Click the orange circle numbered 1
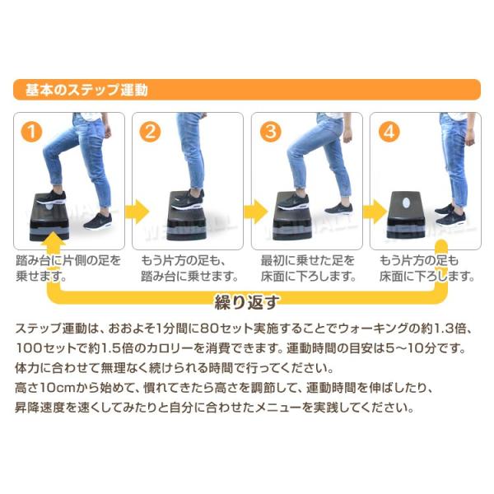(x=31, y=132)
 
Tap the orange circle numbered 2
(x=150, y=132)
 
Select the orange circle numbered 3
(x=271, y=132)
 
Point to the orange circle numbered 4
(x=389, y=132)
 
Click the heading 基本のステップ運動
(x=86, y=90)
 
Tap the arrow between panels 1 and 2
(x=137, y=211)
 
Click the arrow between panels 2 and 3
(x=255, y=211)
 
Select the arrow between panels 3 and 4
(x=375, y=211)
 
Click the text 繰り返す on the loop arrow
(x=246, y=302)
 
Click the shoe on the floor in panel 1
(x=98, y=221)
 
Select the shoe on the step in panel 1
(x=51, y=198)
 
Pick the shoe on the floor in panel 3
(x=338, y=208)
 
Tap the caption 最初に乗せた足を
(x=308, y=260)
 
